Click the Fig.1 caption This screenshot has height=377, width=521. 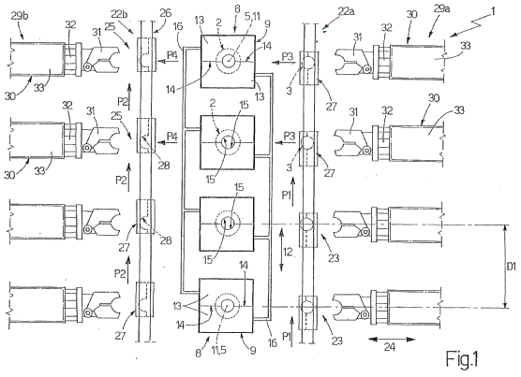[462, 359]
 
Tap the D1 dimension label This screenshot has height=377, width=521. [512, 267]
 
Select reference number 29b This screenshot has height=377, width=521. [20, 16]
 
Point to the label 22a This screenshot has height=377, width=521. [346, 11]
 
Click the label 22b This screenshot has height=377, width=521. [120, 14]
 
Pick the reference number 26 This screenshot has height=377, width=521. [165, 13]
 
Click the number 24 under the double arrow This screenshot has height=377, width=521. [390, 347]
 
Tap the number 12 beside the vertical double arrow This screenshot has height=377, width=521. [288, 253]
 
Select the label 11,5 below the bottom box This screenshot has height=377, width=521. [218, 350]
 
